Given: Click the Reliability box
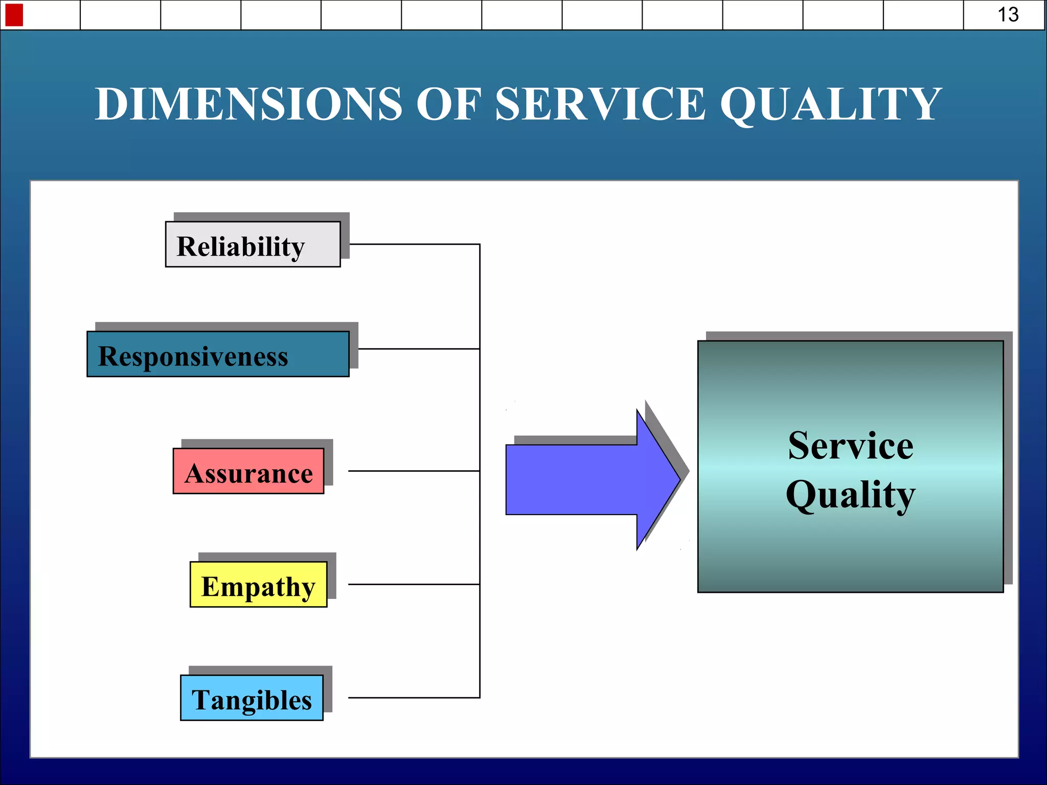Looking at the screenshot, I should click(253, 244).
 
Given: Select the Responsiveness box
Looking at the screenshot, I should click(218, 354).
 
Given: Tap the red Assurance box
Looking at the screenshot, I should click(248, 471).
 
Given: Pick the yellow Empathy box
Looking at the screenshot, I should click(258, 585).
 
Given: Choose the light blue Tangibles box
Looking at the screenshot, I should click(252, 698).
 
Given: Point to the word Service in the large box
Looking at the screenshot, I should click(851, 446).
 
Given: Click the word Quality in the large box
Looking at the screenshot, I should click(851, 495).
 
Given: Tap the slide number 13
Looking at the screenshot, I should click(1008, 14).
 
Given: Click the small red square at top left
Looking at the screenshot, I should click(14, 14).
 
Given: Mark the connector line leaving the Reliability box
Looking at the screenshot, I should click(414, 244).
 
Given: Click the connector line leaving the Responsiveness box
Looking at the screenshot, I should click(419, 349).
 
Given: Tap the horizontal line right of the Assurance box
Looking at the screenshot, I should click(414, 471).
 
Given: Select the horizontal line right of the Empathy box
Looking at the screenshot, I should click(414, 584).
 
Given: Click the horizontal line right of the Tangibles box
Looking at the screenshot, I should click(414, 698).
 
